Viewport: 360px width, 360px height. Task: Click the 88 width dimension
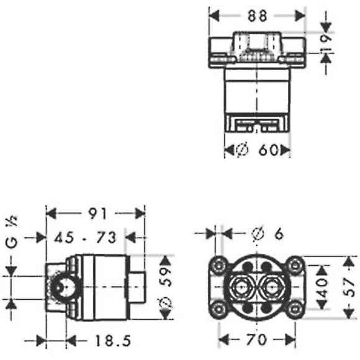tap(257, 16)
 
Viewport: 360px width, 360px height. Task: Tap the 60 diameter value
tap(268, 150)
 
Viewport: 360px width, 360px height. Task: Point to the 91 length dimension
tap(98, 214)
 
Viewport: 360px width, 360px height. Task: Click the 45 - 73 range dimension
tap(85, 237)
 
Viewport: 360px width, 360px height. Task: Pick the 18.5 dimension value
tap(113, 341)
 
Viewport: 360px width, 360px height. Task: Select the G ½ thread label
tap(12, 232)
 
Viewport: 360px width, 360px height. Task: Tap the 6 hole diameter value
tap(279, 234)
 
